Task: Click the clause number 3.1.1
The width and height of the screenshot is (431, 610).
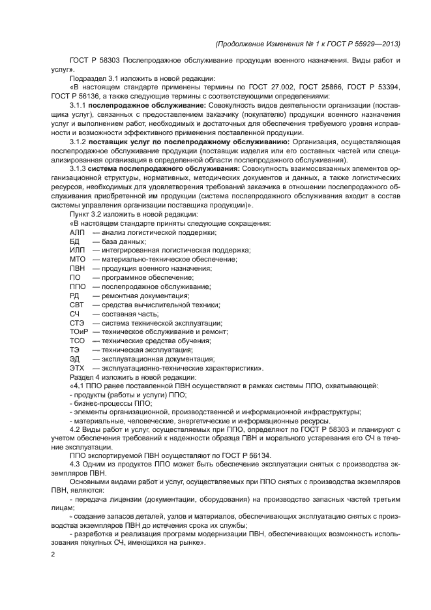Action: [x=78, y=105]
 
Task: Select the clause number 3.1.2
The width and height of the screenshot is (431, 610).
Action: [x=78, y=142]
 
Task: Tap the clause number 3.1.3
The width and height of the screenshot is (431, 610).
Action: [x=78, y=169]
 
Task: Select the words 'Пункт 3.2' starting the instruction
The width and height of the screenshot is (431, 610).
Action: [x=85, y=215]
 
